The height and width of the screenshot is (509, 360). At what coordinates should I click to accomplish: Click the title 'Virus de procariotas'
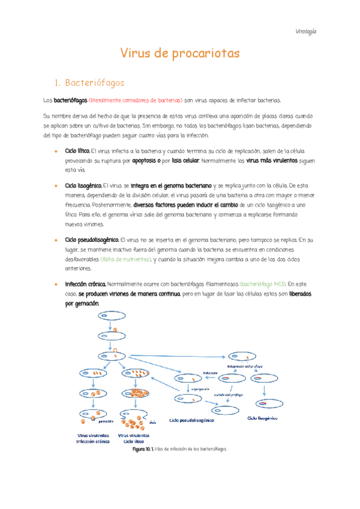click(180, 54)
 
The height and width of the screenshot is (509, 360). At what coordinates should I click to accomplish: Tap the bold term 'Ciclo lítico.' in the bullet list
click(77, 149)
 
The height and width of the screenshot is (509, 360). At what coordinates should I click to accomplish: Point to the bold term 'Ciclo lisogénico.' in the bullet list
click(83, 186)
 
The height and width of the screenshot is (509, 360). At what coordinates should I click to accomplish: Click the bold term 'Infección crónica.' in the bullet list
click(86, 284)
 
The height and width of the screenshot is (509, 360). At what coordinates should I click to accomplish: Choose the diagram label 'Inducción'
click(209, 372)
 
